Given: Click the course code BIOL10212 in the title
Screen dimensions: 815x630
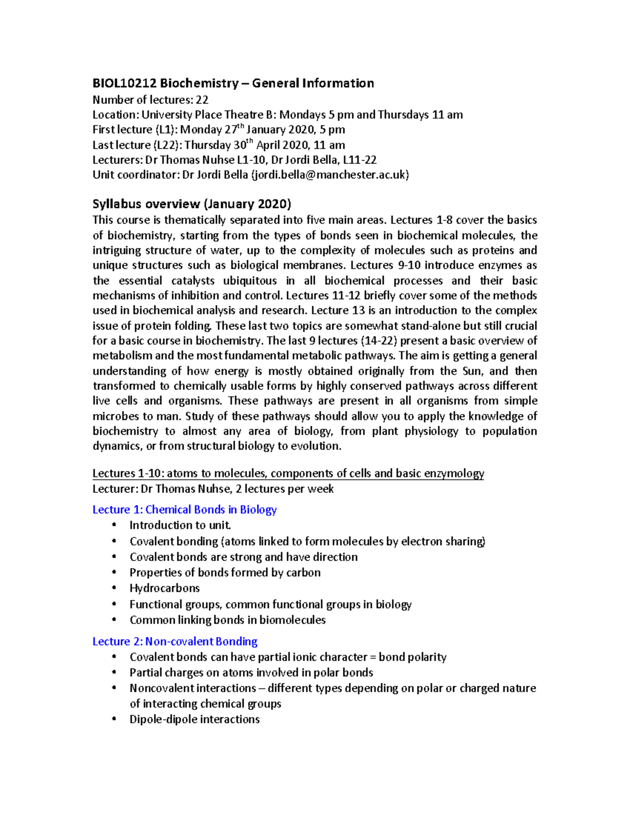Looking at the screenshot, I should pyautogui.click(x=124, y=83).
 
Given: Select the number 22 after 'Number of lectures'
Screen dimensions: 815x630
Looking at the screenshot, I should pyautogui.click(x=202, y=100).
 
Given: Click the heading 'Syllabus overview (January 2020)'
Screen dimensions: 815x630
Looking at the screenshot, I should pyautogui.click(x=192, y=204).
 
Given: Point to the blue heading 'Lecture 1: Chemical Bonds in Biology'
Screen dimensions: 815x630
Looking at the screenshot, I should pyautogui.click(x=184, y=510).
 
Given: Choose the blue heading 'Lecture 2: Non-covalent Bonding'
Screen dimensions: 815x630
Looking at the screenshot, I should pyautogui.click(x=175, y=641).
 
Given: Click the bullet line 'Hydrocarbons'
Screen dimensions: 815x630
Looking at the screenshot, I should pyautogui.click(x=164, y=588).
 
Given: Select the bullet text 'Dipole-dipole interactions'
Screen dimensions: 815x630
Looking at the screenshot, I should pyautogui.click(x=194, y=719).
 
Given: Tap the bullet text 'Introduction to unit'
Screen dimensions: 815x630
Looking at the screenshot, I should pyautogui.click(x=180, y=525).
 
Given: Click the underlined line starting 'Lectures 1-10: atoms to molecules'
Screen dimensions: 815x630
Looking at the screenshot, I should pyautogui.click(x=288, y=473).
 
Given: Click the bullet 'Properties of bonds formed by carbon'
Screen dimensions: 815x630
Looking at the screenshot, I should pyautogui.click(x=225, y=573).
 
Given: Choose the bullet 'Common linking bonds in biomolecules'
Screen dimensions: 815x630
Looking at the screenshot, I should pyautogui.click(x=227, y=620).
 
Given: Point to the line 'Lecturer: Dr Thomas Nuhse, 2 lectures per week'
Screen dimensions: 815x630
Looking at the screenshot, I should pyautogui.click(x=213, y=489).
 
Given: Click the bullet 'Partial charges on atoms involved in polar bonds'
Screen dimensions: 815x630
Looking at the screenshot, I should pyautogui.click(x=251, y=673).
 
